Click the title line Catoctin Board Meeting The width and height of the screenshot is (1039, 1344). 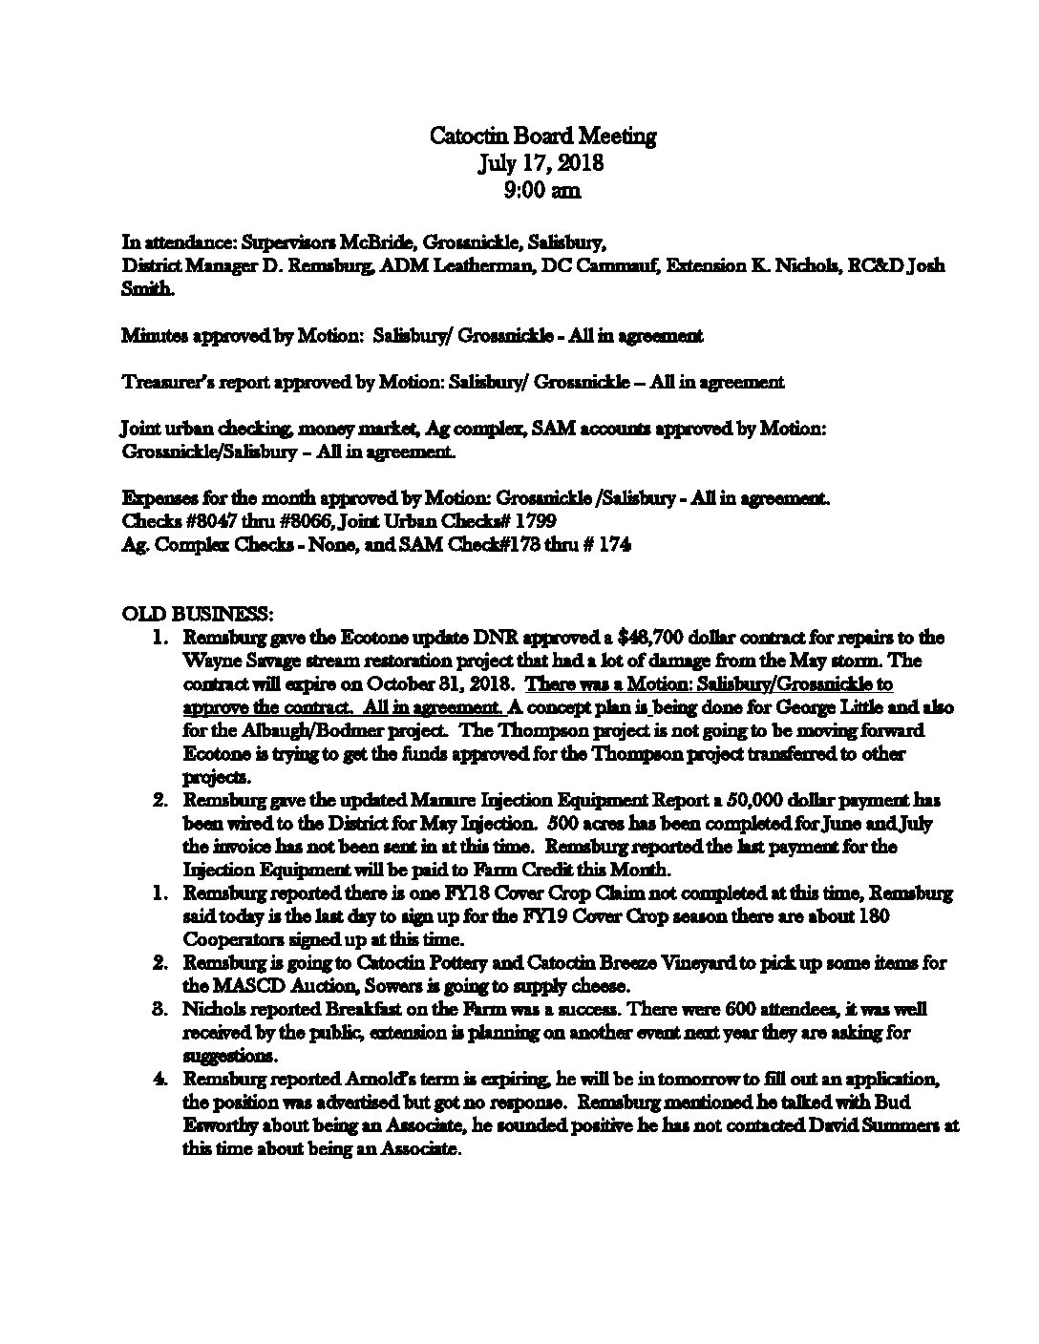point(542,136)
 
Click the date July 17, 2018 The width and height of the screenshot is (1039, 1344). point(541,163)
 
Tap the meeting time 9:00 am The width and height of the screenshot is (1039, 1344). point(541,190)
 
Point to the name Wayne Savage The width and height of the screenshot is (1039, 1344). point(242,661)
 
